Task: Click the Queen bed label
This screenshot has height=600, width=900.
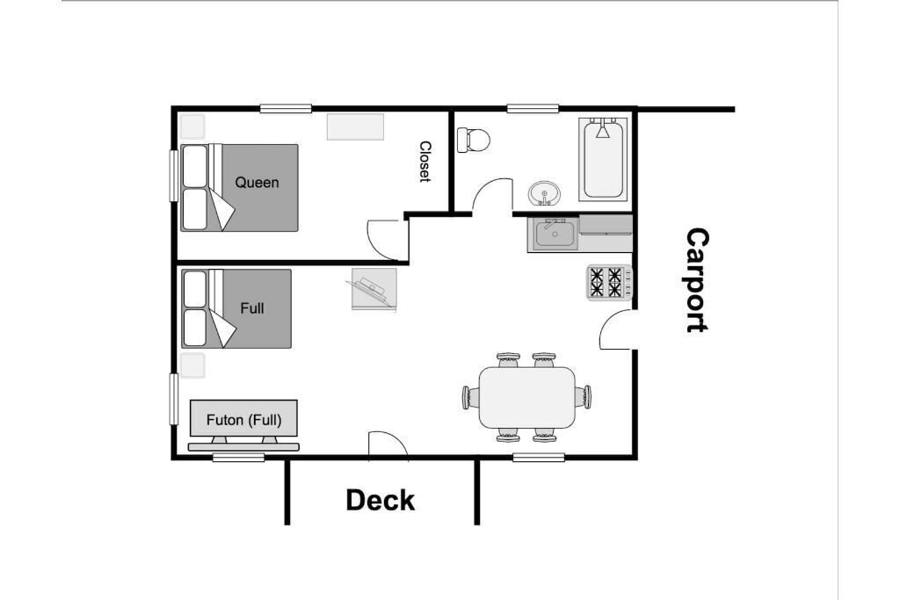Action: [257, 183]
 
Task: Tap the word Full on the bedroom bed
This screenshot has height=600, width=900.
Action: [252, 308]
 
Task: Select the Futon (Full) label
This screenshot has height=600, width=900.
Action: [244, 420]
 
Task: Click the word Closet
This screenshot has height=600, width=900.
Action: [425, 162]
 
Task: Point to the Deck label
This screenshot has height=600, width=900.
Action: [380, 500]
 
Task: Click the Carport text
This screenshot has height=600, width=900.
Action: [697, 280]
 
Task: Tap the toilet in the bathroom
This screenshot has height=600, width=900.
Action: [474, 140]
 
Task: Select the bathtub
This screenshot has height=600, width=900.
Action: [603, 159]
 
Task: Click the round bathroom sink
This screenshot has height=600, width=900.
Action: [543, 193]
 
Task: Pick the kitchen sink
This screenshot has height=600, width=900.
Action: [555, 234]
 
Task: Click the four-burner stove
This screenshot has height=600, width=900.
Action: [609, 282]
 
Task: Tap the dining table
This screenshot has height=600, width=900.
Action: [527, 398]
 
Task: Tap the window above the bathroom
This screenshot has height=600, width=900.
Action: [533, 108]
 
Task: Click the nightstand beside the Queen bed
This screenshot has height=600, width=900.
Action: [192, 127]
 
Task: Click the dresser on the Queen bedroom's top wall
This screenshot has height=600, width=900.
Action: [355, 127]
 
